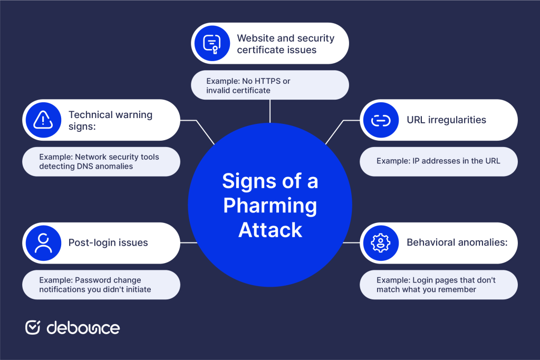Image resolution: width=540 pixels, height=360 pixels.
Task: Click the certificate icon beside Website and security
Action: [212, 44]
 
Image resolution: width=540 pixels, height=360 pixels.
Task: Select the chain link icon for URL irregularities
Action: [381, 120]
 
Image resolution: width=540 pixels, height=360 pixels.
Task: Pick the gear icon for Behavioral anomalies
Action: [381, 243]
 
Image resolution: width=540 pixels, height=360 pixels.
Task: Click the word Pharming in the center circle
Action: [270, 206]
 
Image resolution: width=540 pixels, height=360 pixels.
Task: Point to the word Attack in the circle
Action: [270, 230]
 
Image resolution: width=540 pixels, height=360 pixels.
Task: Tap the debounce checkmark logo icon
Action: [33, 327]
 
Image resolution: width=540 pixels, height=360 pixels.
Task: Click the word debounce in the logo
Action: [83, 328]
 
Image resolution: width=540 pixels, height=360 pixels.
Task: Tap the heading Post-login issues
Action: [108, 243]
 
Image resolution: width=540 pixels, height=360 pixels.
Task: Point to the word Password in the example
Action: [92, 280]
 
